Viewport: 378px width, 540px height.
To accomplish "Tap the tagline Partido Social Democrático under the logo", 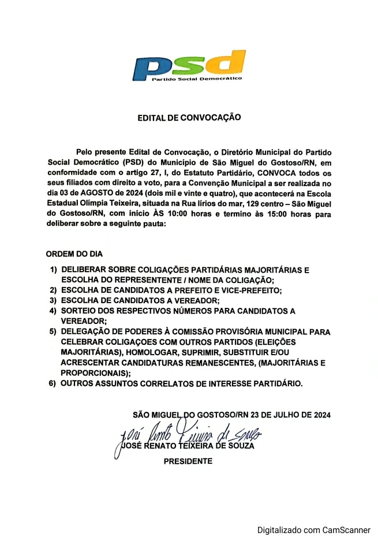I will tap(196, 78).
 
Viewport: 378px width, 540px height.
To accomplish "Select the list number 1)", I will tap(53, 270).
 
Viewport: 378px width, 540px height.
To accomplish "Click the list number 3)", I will tap(53, 301).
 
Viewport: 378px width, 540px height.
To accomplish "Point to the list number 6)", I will tap(53, 383).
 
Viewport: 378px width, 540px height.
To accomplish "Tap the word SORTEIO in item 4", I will tap(79, 311).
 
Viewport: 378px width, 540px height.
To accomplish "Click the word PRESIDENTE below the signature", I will tap(188, 461).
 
